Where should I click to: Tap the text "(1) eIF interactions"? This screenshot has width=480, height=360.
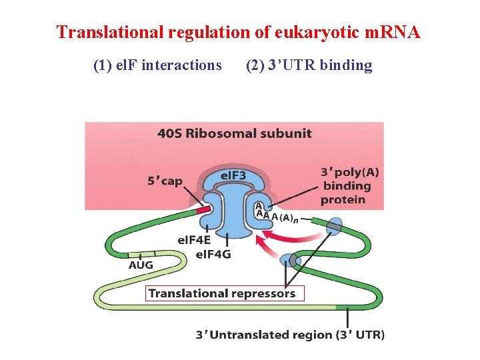pyautogui.click(x=157, y=65)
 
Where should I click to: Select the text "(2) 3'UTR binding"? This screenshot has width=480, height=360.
pyautogui.click(x=309, y=65)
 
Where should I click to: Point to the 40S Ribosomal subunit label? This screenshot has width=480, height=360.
pyautogui.click(x=234, y=133)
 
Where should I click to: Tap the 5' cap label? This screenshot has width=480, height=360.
pyautogui.click(x=165, y=181)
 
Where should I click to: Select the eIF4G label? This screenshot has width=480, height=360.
pyautogui.click(x=213, y=253)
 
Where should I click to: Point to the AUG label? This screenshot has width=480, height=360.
pyautogui.click(x=141, y=265)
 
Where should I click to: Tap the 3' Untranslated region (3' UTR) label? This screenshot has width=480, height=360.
pyautogui.click(x=289, y=335)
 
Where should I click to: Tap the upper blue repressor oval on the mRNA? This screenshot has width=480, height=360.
pyautogui.click(x=334, y=226)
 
